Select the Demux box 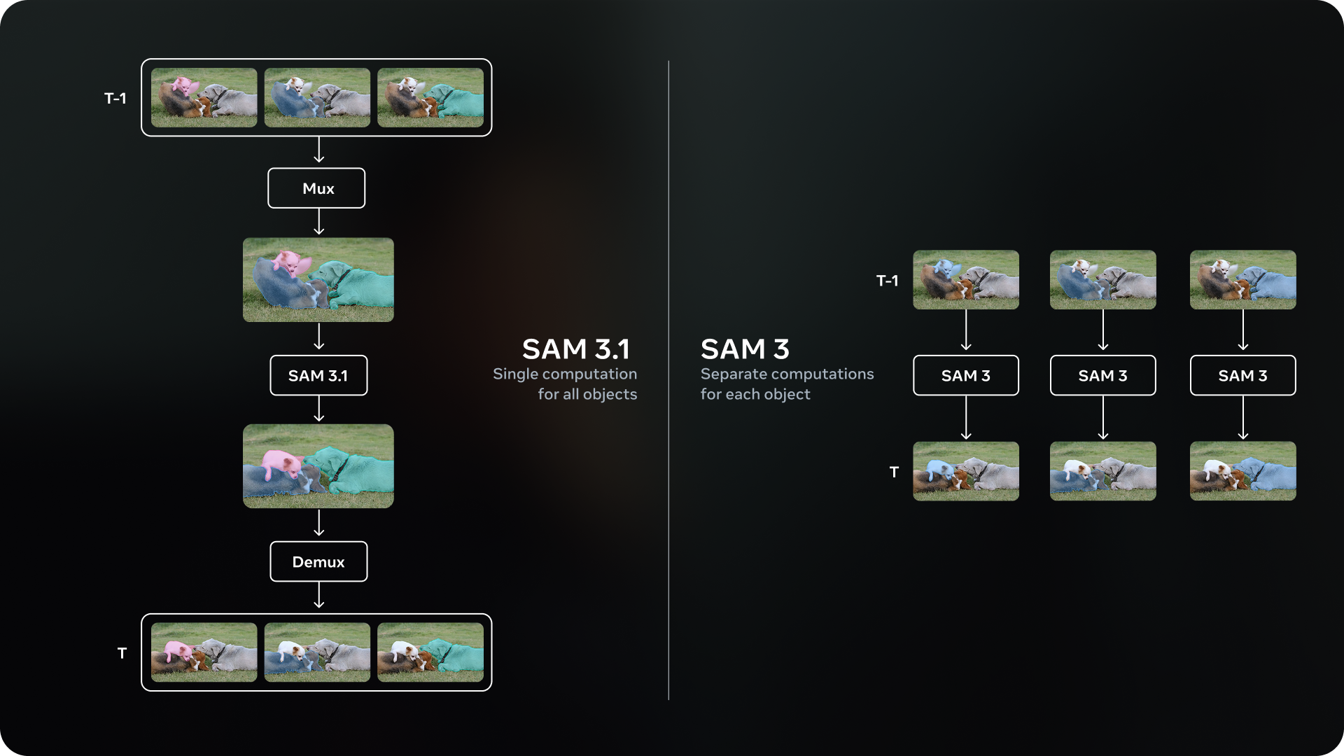tap(318, 561)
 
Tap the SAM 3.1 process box tap(318, 376)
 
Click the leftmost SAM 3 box tap(965, 376)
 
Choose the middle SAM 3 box tap(1102, 376)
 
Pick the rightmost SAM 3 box tap(1242, 376)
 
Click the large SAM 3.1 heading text tap(575, 349)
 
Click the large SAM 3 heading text tap(745, 349)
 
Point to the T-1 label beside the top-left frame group tap(115, 99)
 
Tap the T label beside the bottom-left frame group tap(122, 653)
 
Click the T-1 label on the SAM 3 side tap(887, 281)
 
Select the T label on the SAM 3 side tap(894, 472)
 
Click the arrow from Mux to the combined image tap(319, 222)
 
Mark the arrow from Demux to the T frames tap(319, 596)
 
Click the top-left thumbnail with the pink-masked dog tap(204, 97)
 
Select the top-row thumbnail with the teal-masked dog tap(430, 97)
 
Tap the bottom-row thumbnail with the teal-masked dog tap(430, 652)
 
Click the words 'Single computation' tap(565, 374)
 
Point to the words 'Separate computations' tap(787, 374)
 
